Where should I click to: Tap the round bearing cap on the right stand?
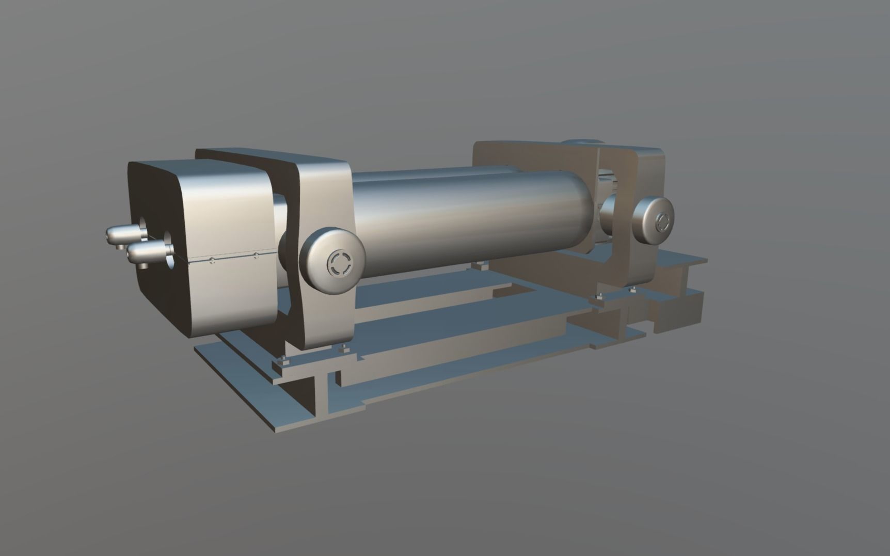(653, 220)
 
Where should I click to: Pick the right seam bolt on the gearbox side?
(256, 255)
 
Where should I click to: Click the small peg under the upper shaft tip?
(120, 247)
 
